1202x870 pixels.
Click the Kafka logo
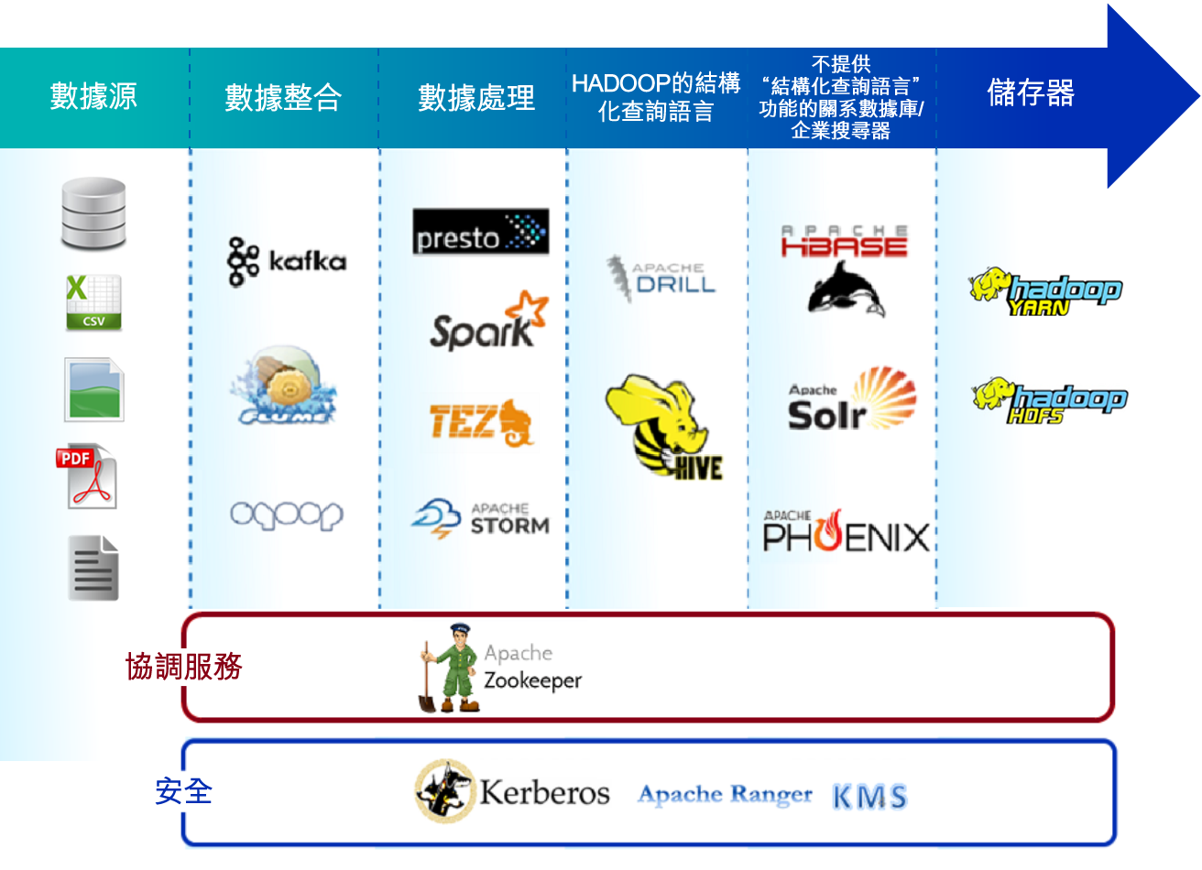(x=287, y=261)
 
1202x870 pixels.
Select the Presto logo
(x=481, y=231)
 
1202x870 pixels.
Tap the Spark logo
(x=489, y=321)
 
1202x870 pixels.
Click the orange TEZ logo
(x=481, y=423)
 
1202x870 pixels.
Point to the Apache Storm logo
(x=481, y=518)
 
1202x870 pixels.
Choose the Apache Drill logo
(x=661, y=277)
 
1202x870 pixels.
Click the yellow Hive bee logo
(x=664, y=427)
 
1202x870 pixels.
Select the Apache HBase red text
(x=844, y=241)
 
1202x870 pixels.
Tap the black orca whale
(x=847, y=288)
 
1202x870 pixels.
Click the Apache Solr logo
(x=852, y=398)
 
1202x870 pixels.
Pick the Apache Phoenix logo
(x=847, y=530)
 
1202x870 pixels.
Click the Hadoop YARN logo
(x=1046, y=291)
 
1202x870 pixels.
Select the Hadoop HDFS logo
(x=1050, y=401)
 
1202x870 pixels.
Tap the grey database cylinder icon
(x=93, y=213)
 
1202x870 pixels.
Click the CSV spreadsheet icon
(x=93, y=302)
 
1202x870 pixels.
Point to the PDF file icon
(x=86, y=476)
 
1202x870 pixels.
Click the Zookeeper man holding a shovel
(x=449, y=668)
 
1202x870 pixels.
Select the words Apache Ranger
(x=725, y=794)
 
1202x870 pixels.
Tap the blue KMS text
(x=869, y=796)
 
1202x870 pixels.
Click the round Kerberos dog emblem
(x=445, y=790)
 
